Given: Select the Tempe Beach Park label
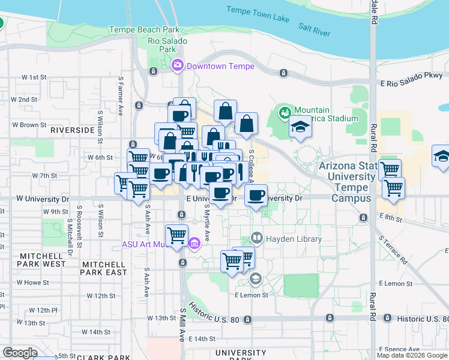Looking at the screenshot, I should (144, 29).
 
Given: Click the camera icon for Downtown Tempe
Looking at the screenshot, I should (178, 65).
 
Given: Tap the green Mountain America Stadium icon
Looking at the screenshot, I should (284, 112).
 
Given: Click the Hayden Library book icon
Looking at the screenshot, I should (258, 238).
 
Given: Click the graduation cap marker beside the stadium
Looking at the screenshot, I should (301, 127).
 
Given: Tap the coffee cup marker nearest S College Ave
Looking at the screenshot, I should (256, 195).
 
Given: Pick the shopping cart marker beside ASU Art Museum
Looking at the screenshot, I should (176, 235).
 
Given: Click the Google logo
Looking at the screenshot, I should (20, 352).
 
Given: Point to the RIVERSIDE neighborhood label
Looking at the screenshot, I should (73, 130).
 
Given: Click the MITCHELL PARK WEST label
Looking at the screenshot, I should (42, 259).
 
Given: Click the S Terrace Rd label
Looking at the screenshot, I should (393, 249).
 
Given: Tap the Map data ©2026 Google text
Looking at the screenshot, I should (412, 355).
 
